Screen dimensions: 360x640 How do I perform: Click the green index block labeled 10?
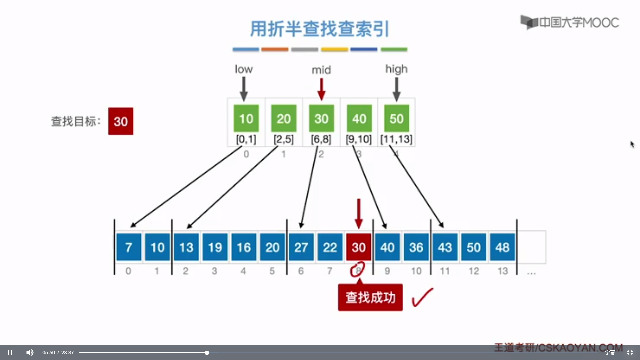point(246,118)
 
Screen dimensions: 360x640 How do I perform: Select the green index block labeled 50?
point(396,118)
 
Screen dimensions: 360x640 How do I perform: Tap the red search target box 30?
point(121,121)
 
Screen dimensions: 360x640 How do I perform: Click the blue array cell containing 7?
point(129,247)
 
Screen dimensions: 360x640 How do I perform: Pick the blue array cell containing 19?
point(215,247)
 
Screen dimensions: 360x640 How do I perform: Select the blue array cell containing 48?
point(502,247)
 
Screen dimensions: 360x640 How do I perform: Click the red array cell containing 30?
point(359,247)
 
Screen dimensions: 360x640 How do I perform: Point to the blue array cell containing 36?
point(416,247)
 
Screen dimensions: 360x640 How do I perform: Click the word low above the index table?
point(244,69)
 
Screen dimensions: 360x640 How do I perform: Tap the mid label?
point(321,70)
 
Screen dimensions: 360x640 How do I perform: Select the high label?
point(396,69)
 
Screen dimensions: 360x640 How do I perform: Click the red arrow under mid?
point(321,89)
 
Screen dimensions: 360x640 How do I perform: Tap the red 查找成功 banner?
point(370,297)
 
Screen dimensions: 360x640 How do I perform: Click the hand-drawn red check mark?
point(422,297)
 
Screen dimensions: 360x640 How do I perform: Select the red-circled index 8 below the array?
point(358,270)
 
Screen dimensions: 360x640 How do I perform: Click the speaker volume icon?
point(30,352)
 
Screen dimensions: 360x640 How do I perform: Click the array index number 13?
point(503,271)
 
